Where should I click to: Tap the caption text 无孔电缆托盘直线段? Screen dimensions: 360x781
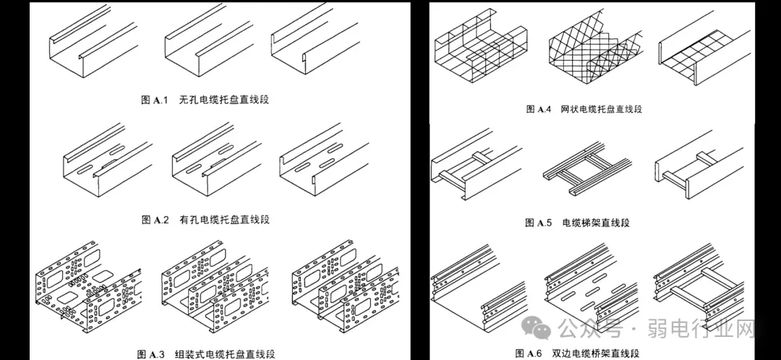tap(223, 99)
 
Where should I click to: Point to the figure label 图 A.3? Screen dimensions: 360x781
tap(153, 354)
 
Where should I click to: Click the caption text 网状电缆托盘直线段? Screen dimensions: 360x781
tap(601, 109)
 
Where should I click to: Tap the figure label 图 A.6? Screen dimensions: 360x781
tap(528, 353)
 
